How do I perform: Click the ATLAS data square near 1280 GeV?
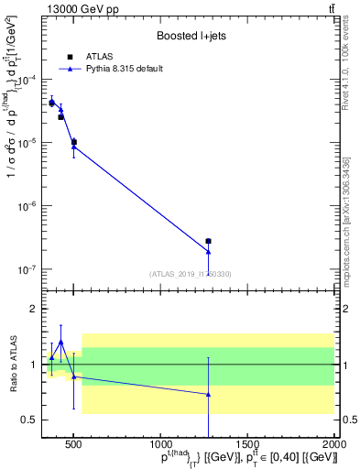[209, 241]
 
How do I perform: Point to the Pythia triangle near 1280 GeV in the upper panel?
[209, 252]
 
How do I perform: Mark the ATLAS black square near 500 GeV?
[73, 142]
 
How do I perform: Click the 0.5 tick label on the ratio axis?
[29, 420]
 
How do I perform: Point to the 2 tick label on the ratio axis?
[34, 310]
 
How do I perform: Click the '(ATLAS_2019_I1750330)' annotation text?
[191, 274]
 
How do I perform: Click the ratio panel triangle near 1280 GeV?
[209, 395]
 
